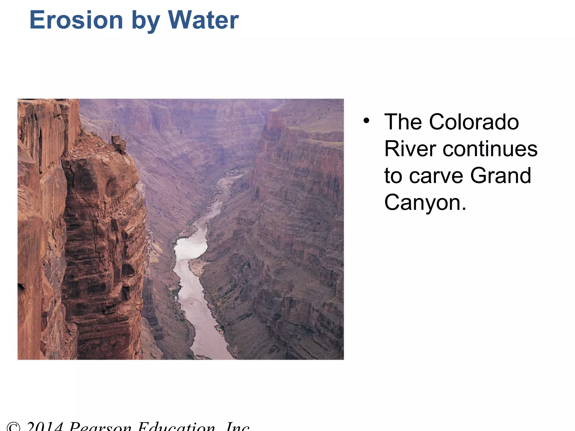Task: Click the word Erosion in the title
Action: click(76, 20)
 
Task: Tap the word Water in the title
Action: click(203, 20)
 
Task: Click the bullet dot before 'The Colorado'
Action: click(366, 121)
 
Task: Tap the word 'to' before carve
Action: click(393, 176)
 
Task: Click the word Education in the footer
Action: click(177, 427)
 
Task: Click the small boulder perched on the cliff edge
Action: click(119, 144)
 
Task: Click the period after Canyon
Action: click(464, 209)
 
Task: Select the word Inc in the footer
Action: click(238, 427)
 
